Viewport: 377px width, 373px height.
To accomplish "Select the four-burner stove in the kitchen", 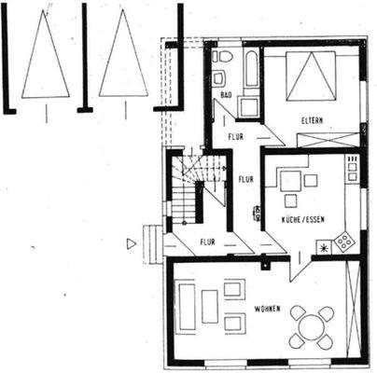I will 345,242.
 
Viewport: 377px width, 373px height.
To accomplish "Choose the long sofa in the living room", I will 187,307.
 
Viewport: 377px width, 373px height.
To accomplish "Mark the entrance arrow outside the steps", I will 132,243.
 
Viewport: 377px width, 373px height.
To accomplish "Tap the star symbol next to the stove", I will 324,248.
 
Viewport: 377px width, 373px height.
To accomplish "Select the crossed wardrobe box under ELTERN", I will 328,140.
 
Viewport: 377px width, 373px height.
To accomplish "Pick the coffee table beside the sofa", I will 210,306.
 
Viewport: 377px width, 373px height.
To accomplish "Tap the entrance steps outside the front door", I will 151,241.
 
